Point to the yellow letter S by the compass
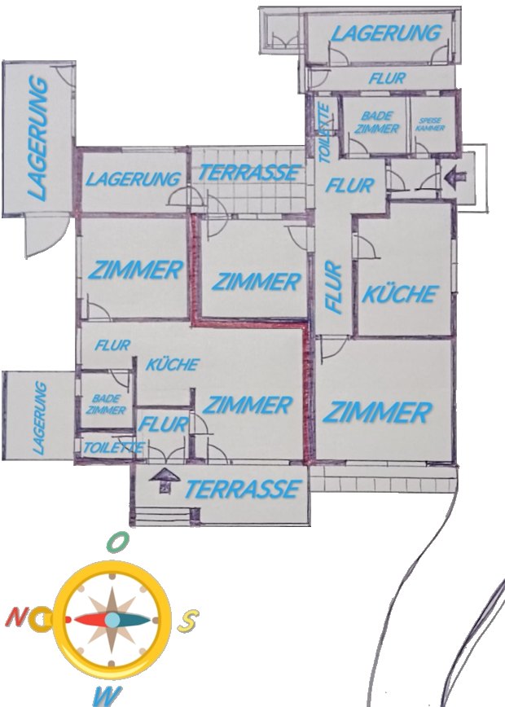(x=188, y=621)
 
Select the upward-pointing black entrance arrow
(x=165, y=481)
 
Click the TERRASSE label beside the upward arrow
(x=241, y=489)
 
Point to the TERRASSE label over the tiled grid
(x=248, y=173)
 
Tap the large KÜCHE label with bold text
(x=399, y=293)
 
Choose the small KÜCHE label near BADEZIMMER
(x=172, y=364)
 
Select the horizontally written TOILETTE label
(x=113, y=447)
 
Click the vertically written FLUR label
(x=332, y=287)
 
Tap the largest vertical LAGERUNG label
(x=37, y=138)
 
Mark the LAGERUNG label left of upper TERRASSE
(x=134, y=178)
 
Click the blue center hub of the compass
(x=112, y=620)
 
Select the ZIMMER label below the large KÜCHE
(x=375, y=412)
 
